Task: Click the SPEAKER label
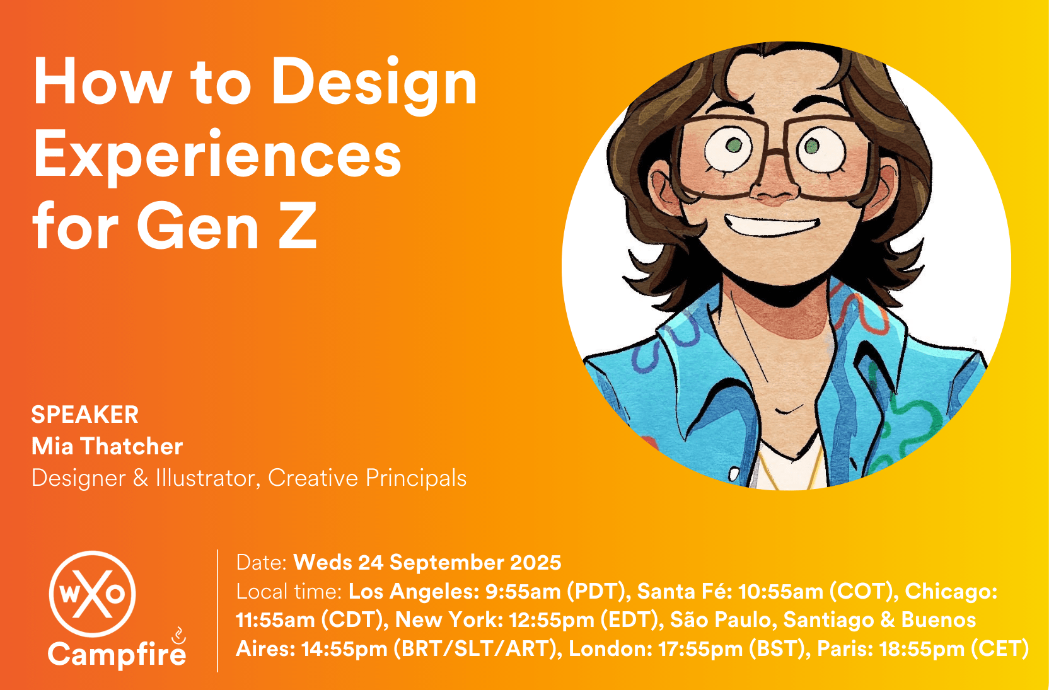coord(84,415)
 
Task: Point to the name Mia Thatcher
coord(107,446)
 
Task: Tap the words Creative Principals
coord(367,478)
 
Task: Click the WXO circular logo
coord(92,594)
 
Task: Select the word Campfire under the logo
coord(117,654)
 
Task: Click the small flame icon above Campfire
coord(178,635)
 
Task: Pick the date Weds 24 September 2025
coord(427,562)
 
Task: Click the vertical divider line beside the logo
coord(217,611)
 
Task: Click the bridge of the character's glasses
coord(775,152)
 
